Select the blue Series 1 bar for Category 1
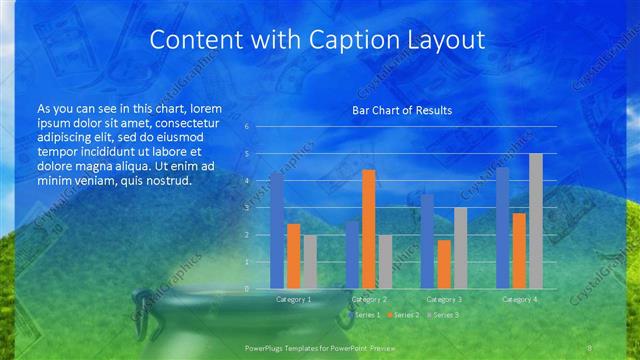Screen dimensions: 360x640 [x=277, y=230]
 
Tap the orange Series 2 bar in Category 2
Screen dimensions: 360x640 [x=368, y=229]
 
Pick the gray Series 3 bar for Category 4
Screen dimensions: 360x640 [x=535, y=221]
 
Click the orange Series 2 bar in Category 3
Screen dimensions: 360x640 [x=443, y=264]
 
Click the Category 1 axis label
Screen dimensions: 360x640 [x=293, y=299]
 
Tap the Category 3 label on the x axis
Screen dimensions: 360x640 [x=444, y=299]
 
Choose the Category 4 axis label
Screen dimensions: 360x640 [x=519, y=299]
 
